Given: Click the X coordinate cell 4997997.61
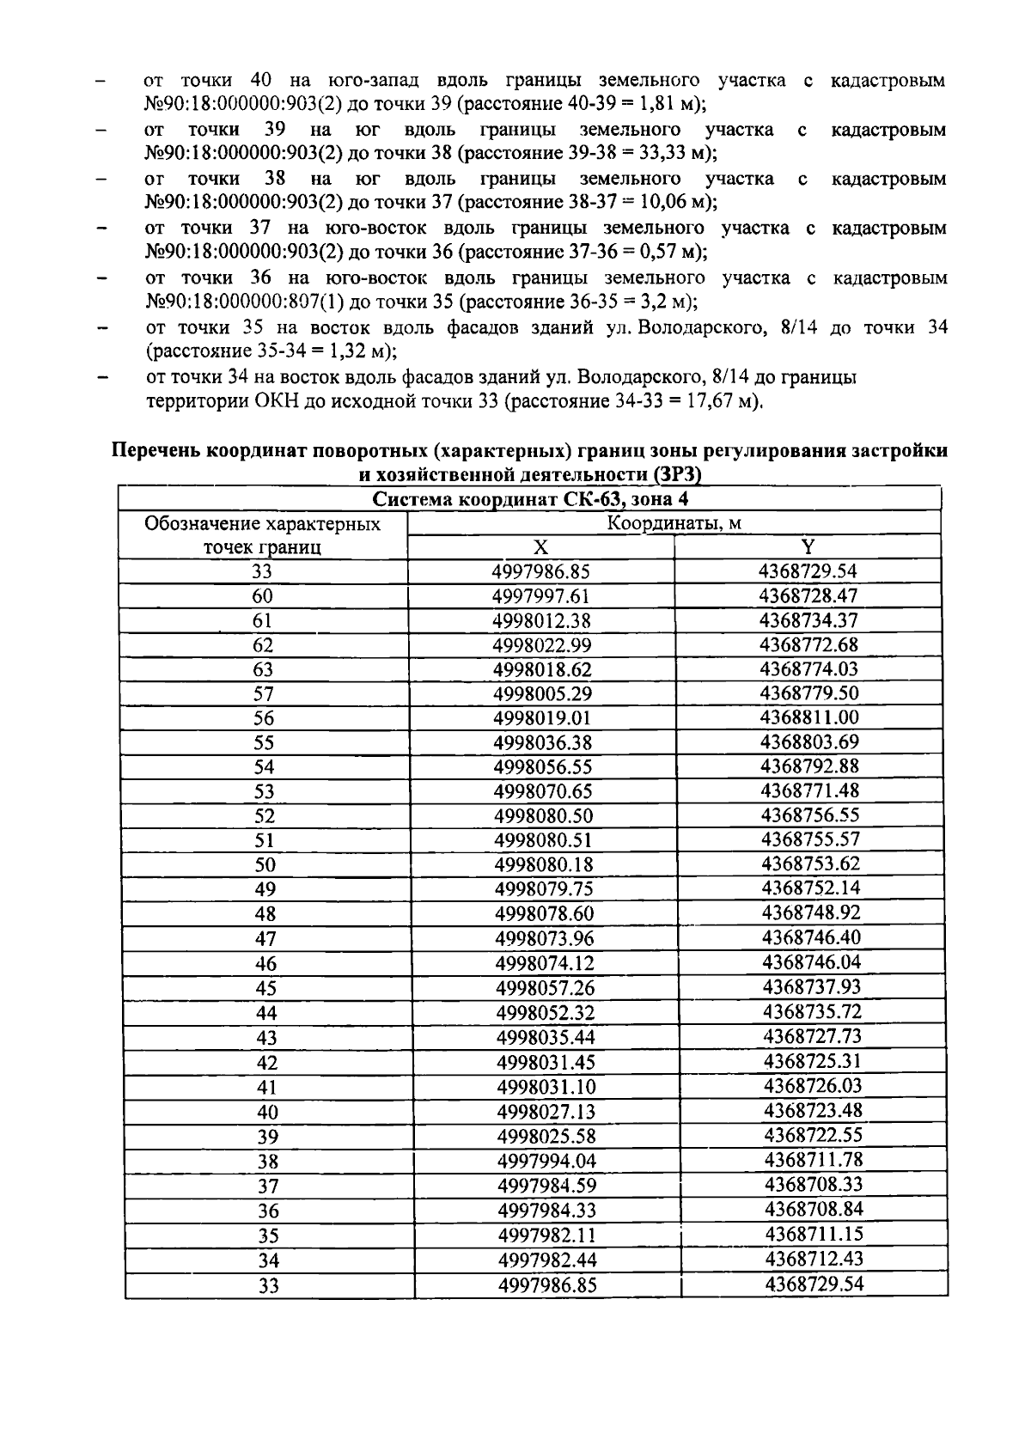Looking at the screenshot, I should click(x=541, y=596).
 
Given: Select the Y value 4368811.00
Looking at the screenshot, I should click(x=809, y=717).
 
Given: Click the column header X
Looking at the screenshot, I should click(x=540, y=547).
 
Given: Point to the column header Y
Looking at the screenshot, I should click(x=808, y=547).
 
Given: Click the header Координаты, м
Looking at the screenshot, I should click(x=674, y=523).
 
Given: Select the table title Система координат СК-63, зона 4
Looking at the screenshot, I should click(x=532, y=499).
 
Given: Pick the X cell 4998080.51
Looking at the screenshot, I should click(x=544, y=840).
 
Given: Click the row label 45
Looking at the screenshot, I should click(x=266, y=988).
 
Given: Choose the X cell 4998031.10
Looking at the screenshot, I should click(x=546, y=1087).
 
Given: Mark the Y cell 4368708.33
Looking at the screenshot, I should click(x=813, y=1185).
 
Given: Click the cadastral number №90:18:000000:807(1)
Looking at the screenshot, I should click(x=245, y=302).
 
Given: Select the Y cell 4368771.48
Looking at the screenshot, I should click(x=809, y=790).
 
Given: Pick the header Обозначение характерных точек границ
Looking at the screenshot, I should click(x=263, y=535).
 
